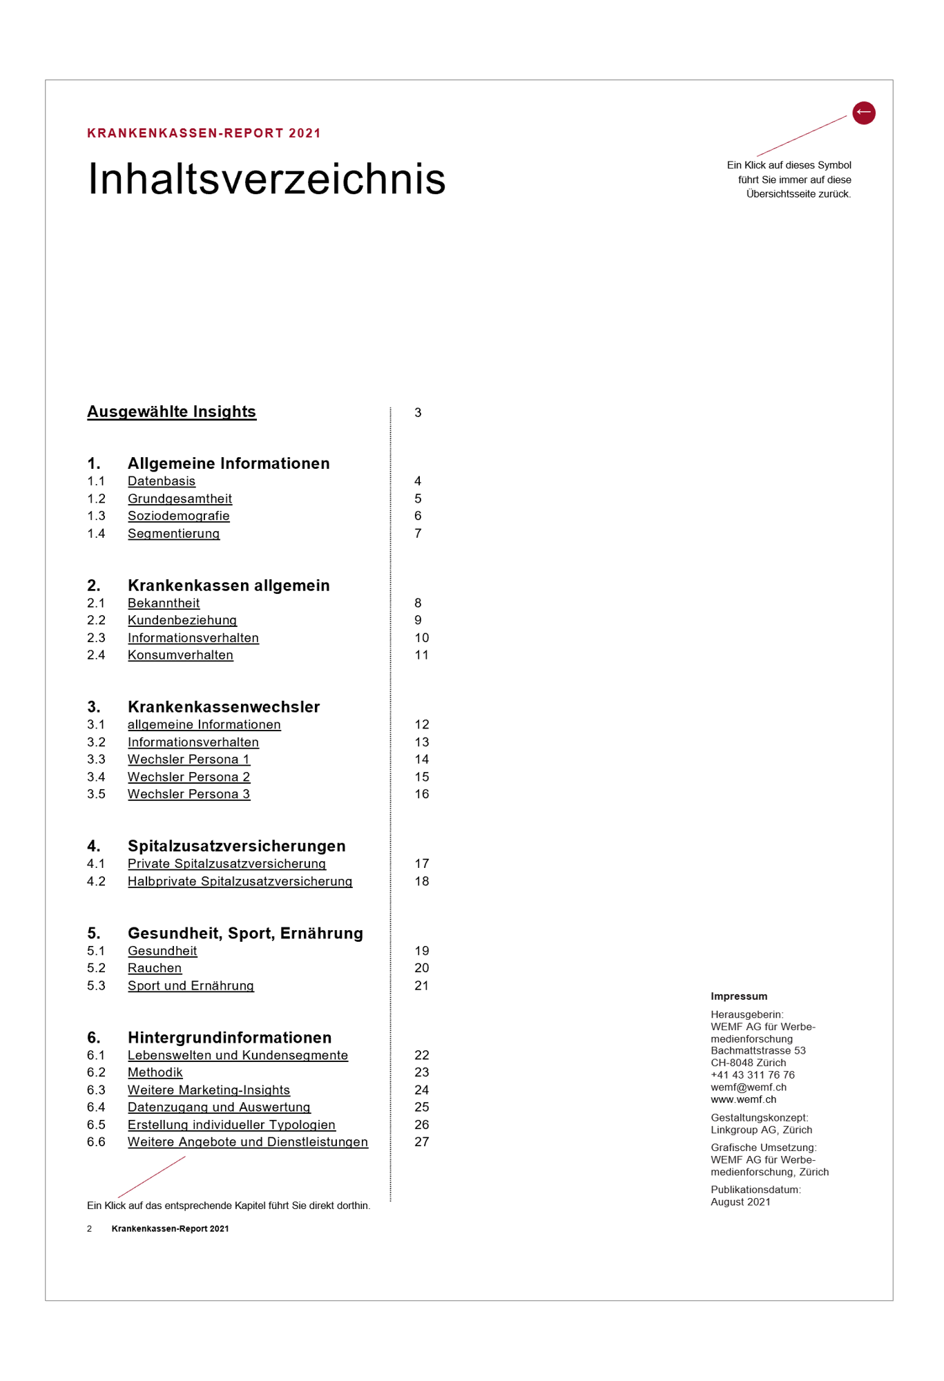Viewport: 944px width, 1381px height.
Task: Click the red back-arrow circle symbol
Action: pyautogui.click(x=863, y=113)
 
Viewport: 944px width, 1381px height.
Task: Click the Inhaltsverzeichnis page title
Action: pyautogui.click(x=267, y=179)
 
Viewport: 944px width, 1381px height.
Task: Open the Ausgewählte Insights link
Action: pyautogui.click(x=171, y=412)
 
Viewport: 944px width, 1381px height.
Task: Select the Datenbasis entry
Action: pyautogui.click(x=162, y=481)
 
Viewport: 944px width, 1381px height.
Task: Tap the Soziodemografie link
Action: pyautogui.click(x=178, y=516)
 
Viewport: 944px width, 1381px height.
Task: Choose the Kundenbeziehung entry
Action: pyautogui.click(x=182, y=620)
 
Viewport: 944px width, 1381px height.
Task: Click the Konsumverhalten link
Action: pyautogui.click(x=180, y=655)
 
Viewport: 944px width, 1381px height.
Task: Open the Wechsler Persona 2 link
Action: pyautogui.click(x=189, y=777)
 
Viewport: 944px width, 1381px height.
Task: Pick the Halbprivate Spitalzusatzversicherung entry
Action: pyautogui.click(x=240, y=881)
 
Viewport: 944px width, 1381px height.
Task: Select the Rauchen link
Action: pyautogui.click(x=155, y=968)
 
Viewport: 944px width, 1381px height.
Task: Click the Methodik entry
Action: pyautogui.click(x=155, y=1072)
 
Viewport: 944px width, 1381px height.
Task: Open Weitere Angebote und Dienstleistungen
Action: pyautogui.click(x=248, y=1142)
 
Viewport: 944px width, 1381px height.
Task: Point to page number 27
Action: pyautogui.click(x=421, y=1142)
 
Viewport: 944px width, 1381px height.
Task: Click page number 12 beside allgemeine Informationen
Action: pyautogui.click(x=421, y=724)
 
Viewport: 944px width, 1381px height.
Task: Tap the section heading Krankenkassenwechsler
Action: pyautogui.click(x=224, y=706)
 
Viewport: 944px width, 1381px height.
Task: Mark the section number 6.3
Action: pyautogui.click(x=96, y=1090)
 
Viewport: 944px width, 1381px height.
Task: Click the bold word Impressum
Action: pyautogui.click(x=739, y=996)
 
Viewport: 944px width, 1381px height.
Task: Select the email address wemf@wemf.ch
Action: pyautogui.click(x=749, y=1087)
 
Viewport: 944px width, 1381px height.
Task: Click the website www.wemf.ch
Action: pyautogui.click(x=743, y=1099)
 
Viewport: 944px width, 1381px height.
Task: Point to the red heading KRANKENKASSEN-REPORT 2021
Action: pyautogui.click(x=204, y=133)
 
